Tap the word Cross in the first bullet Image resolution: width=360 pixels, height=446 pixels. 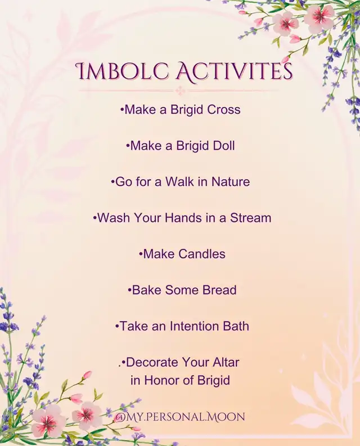[224, 109]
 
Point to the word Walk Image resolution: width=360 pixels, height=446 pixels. [180, 182]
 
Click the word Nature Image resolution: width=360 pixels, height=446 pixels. [231, 182]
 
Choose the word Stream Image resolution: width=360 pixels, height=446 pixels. [251, 218]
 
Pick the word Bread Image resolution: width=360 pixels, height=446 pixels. [219, 290]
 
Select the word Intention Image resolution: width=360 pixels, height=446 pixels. [194, 326]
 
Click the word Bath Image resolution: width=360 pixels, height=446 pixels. [236, 326]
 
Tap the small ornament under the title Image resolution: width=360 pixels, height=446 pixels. [179, 91]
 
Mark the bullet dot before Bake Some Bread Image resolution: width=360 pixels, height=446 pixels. [129, 290]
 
